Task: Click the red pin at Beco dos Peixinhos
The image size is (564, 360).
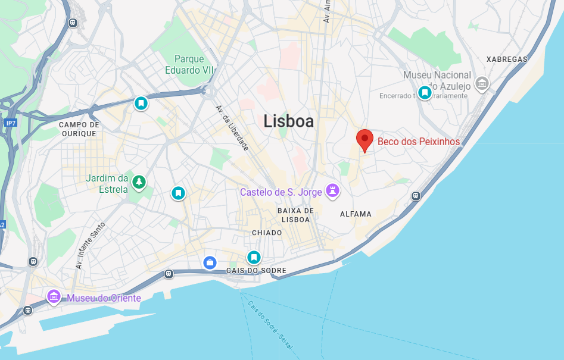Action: coord(364,140)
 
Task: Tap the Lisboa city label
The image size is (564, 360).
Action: coord(288,121)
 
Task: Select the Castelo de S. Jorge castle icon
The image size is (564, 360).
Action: coord(333,191)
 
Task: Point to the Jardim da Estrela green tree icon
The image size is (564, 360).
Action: coord(139,181)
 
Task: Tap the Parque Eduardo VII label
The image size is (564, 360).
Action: coord(189,64)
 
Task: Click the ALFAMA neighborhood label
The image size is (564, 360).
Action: coord(356,214)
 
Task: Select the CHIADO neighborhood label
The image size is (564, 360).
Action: coord(267,233)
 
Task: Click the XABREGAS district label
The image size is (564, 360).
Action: coord(507,60)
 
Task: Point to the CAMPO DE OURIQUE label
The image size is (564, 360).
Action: coord(79,129)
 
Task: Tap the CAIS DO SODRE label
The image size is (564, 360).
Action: coord(256,271)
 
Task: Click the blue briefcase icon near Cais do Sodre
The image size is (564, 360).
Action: coord(210,262)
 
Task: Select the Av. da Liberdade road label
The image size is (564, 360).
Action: coord(232,127)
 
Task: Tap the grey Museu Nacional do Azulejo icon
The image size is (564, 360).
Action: coord(481,84)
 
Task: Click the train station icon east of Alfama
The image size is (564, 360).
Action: coord(416,196)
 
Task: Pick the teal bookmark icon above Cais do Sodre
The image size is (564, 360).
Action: coord(254,257)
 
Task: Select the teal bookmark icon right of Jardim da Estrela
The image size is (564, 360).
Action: coord(178,193)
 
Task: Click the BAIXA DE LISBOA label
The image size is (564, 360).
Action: coord(295,215)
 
